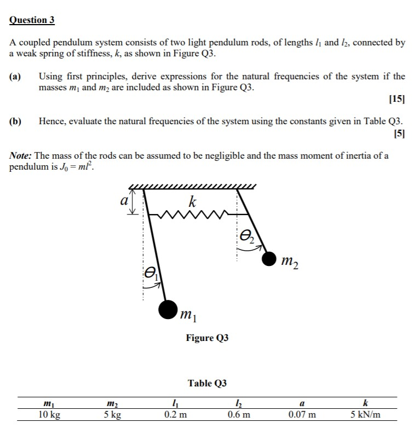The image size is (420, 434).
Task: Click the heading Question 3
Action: (32, 20)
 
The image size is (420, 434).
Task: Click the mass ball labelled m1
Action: (168, 309)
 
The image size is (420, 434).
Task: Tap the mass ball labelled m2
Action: (269, 258)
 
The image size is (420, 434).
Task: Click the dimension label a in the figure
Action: (124, 201)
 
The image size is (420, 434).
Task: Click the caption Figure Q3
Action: (207, 338)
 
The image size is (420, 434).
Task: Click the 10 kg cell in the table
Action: (49, 414)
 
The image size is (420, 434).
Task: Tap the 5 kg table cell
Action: (112, 414)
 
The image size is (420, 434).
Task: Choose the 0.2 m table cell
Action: (175, 414)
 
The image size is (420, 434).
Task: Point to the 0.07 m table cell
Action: (302, 414)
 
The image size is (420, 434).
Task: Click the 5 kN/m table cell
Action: (365, 414)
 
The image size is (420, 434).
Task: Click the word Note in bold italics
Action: (21, 155)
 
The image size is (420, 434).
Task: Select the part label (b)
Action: (16, 121)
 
